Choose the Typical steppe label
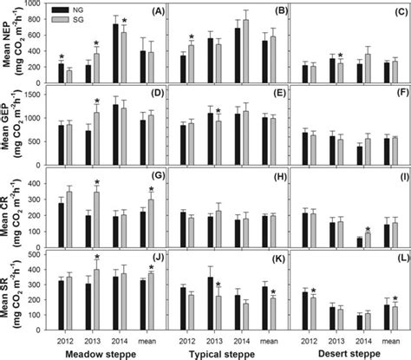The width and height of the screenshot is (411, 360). [222, 352]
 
